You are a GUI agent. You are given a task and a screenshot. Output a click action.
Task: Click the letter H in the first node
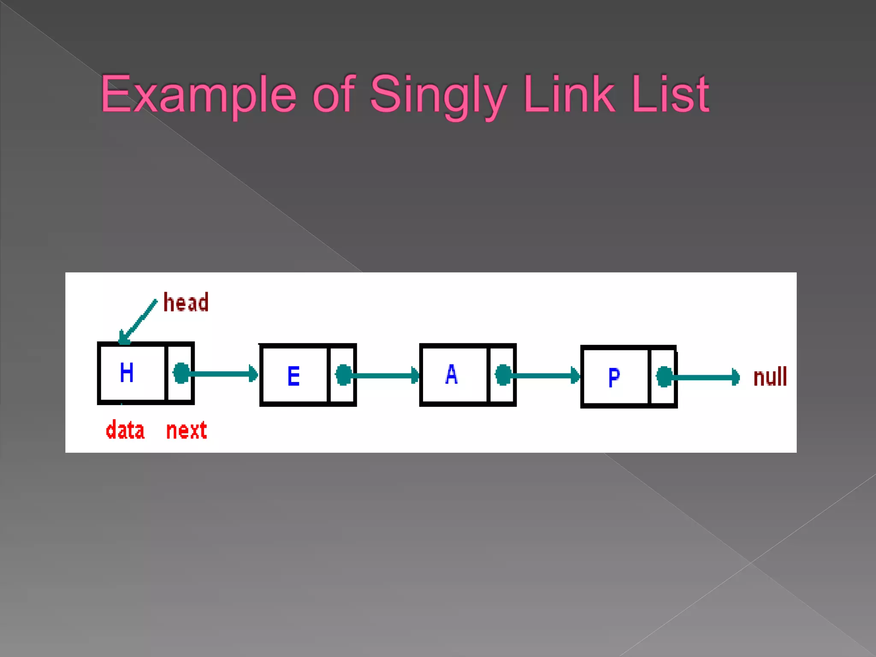pos(127,372)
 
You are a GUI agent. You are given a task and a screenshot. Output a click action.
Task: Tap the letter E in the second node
pos(293,376)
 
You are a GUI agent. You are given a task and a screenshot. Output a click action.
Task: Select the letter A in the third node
pos(451,374)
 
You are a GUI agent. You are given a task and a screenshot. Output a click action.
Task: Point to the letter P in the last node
pos(614,377)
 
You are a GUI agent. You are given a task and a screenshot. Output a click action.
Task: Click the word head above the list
pos(186,302)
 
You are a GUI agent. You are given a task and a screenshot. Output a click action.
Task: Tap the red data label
pos(125,430)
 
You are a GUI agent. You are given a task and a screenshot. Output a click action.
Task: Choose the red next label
pos(186,430)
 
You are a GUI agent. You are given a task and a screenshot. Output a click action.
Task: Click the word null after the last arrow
pos(770,377)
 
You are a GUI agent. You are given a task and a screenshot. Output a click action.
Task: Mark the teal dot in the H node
pos(181,373)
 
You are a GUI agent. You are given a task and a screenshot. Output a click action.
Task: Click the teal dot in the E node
pos(343,375)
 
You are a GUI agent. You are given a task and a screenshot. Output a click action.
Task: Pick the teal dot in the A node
pos(503,375)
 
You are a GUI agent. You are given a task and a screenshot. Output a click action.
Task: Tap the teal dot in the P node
pos(664,377)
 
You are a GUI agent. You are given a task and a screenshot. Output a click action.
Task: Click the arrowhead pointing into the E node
pos(253,374)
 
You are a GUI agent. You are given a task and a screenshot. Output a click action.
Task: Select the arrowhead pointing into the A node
pos(415,376)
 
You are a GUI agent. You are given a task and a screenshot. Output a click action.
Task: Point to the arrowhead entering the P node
pos(575,376)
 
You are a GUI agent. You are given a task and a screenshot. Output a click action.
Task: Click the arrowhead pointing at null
pos(735,377)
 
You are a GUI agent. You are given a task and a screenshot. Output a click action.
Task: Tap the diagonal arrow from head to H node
pos(138,322)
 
